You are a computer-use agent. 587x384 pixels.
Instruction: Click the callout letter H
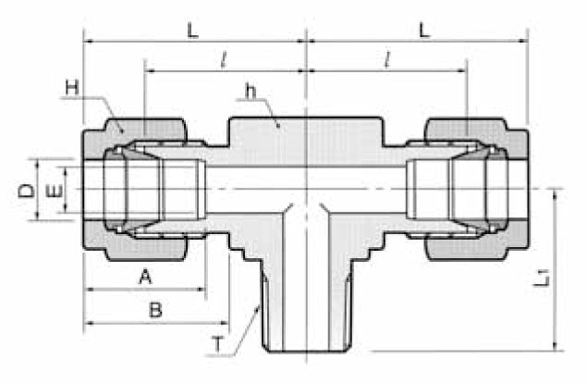pos(72,88)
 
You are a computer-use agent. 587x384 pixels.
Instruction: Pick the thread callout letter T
pos(218,344)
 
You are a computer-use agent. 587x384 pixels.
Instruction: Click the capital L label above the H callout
pos(193,30)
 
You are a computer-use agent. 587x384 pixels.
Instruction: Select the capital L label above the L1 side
pos(423,30)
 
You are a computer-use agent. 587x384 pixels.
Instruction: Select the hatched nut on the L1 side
pos(471,126)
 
